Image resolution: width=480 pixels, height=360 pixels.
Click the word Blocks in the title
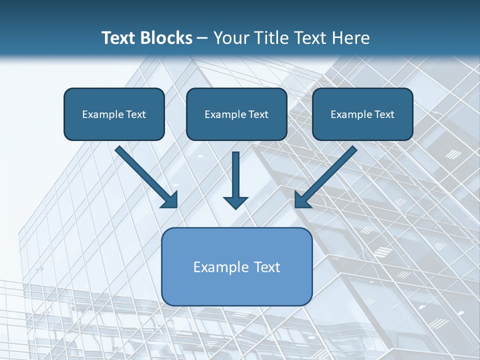(166, 38)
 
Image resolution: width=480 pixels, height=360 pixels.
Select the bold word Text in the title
(119, 38)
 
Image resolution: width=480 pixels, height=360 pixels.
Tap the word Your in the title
(232, 38)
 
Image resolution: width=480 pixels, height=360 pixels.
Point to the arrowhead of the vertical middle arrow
(235, 202)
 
